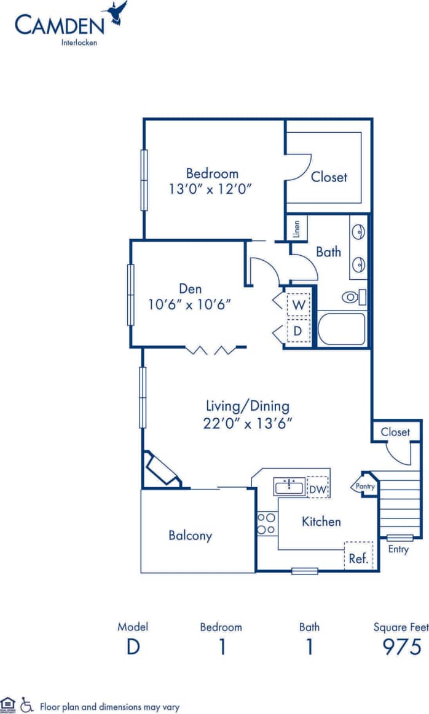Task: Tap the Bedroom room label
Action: pyautogui.click(x=212, y=173)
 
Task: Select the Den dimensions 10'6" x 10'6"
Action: pyautogui.click(x=190, y=303)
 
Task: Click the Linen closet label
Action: pyautogui.click(x=297, y=228)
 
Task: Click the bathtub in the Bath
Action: pyautogui.click(x=342, y=329)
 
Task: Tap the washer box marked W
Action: pyautogui.click(x=298, y=304)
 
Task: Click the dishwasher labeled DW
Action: pyautogui.click(x=318, y=488)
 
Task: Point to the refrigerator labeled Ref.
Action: pyautogui.click(x=358, y=558)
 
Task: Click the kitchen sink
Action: pyautogui.click(x=289, y=488)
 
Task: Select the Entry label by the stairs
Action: pyautogui.click(x=398, y=549)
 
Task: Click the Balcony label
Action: pyautogui.click(x=191, y=536)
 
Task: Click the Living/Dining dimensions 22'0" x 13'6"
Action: pyautogui.click(x=247, y=423)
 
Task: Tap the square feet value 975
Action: pyautogui.click(x=401, y=647)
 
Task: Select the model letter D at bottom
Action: pyautogui.click(x=133, y=647)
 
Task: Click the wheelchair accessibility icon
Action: pyautogui.click(x=26, y=704)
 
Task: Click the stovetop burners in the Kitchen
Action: pyautogui.click(x=266, y=523)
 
